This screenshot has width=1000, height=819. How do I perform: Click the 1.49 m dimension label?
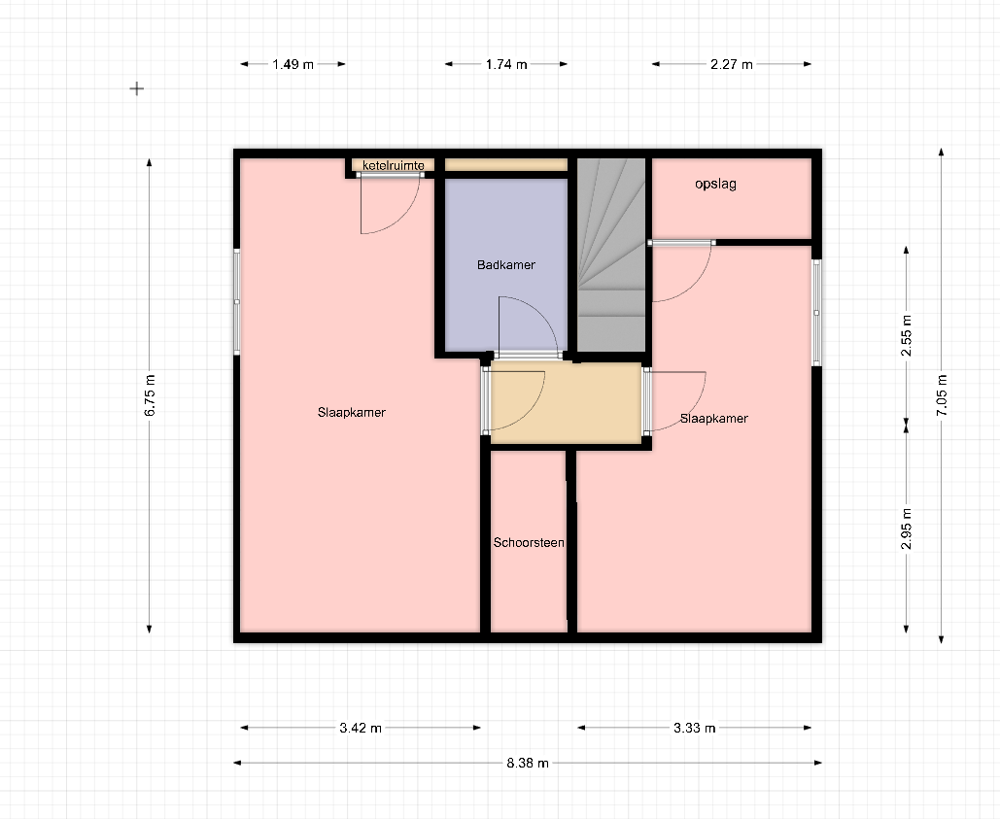pos(293,64)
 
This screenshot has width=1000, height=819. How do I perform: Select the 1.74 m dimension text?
pos(506,64)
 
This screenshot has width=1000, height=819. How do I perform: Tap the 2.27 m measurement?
pos(732,64)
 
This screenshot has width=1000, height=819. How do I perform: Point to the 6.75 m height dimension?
pos(150,395)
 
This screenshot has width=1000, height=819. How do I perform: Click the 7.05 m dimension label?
pos(942,395)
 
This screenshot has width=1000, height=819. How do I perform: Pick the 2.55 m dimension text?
pos(907,335)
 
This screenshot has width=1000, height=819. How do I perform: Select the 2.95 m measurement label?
pos(907,529)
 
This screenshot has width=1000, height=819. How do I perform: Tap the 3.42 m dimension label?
pos(361,728)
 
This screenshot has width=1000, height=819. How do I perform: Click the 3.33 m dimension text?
pos(695,728)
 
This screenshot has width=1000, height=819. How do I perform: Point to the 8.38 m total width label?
pos(528,763)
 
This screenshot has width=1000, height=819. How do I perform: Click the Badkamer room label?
pos(505,264)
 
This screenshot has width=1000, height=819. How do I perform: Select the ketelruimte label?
pos(393,166)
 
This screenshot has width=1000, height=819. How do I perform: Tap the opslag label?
pos(715,185)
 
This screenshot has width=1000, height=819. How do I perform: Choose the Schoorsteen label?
pos(529,542)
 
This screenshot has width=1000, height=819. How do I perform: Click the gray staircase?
pos(611,255)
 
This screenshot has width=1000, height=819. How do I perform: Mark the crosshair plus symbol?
pos(136,88)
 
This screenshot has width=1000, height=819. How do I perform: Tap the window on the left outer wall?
pos(236,301)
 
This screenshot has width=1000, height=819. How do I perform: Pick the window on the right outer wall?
pos(816,312)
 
